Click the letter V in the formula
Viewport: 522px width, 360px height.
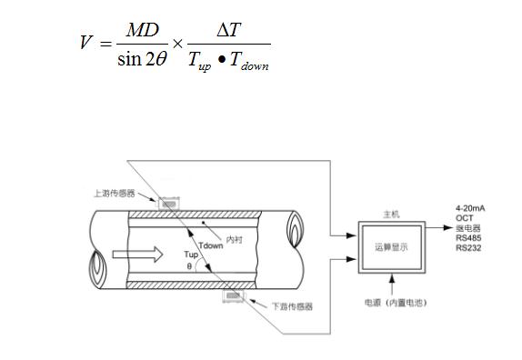(x=86, y=42)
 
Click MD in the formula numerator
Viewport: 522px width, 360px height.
(x=142, y=29)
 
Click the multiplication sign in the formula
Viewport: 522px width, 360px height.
(x=178, y=43)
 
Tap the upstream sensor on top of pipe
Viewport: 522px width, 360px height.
(x=168, y=204)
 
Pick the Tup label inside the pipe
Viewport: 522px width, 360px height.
(x=190, y=254)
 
